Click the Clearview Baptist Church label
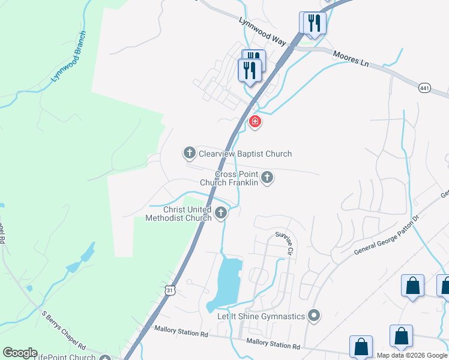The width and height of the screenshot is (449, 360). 245,154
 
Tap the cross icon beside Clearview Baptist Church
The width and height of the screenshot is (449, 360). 189,154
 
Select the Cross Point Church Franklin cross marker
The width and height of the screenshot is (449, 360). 268,178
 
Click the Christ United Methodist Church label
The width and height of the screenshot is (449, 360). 179,214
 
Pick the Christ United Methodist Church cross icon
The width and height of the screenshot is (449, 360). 221,212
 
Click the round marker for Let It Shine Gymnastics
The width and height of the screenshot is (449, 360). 313,315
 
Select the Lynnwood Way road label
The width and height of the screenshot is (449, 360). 262,29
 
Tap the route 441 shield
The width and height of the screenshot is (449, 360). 425,88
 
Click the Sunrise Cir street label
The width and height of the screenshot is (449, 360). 285,243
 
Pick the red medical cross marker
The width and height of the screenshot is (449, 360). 255,122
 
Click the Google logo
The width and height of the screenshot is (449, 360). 20,353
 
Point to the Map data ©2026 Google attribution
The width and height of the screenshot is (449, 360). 412,355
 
